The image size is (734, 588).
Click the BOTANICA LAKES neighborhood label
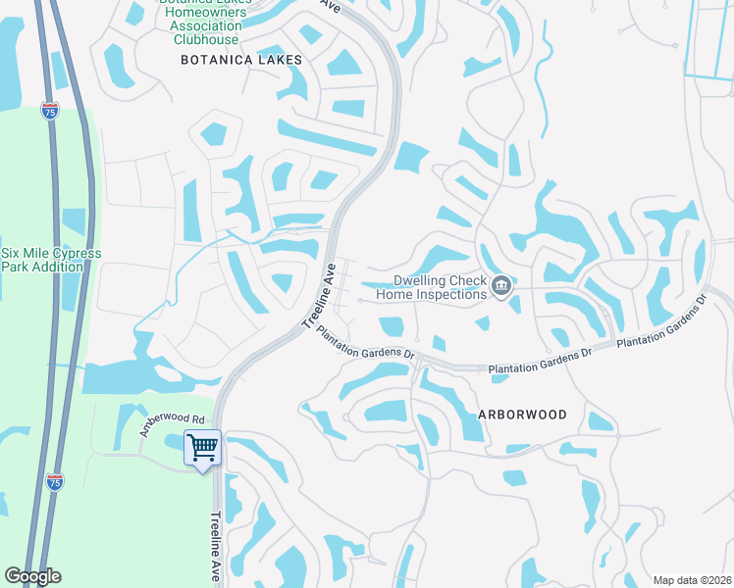[241, 60]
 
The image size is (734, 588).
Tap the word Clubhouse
[205, 39]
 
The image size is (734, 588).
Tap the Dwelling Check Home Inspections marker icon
[501, 286]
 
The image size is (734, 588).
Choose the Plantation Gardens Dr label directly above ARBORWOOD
[542, 362]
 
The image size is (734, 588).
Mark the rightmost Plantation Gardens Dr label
[661, 321]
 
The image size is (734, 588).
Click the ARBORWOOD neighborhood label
[522, 415]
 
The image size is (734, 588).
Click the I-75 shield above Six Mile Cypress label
[50, 113]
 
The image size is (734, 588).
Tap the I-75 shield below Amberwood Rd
[55, 481]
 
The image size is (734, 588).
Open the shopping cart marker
[203, 448]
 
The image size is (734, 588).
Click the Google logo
[32, 576]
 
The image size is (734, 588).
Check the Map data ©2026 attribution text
[691, 580]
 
